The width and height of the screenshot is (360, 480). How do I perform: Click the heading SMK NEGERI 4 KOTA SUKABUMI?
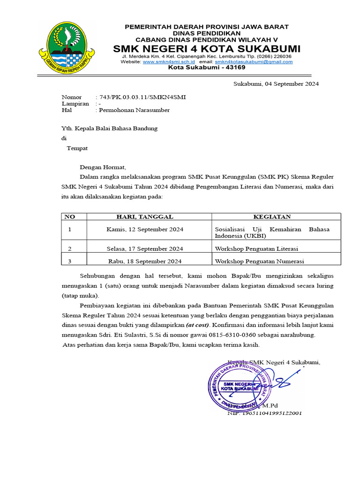point(207,49)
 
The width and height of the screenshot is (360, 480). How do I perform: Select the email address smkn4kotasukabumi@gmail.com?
point(254,62)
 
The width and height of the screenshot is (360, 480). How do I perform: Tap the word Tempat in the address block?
point(77,148)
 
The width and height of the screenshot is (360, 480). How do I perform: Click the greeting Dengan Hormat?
point(103,167)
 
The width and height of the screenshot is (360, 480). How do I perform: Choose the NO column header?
point(69,217)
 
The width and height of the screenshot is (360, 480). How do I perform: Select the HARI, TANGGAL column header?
point(145,217)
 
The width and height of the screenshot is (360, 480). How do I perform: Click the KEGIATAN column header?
point(272,217)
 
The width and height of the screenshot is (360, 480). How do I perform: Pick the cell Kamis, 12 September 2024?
point(145,229)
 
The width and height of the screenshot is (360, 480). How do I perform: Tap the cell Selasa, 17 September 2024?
point(145,248)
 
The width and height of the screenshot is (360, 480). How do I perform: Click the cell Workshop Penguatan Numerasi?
point(259,262)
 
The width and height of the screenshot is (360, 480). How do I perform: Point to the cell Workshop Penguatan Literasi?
point(256,248)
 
